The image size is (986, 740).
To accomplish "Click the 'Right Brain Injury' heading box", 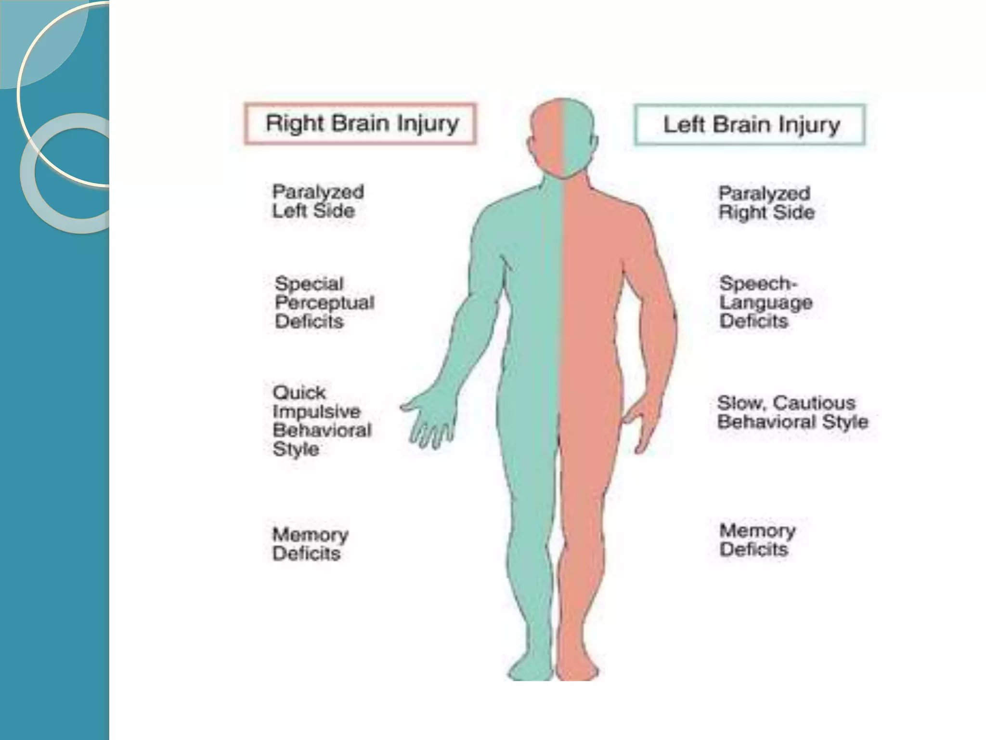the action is (361, 123).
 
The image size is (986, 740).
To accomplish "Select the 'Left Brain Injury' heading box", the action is (750, 125).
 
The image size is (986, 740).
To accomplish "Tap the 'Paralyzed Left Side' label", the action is (318, 201).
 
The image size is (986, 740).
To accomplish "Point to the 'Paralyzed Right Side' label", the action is (766, 203).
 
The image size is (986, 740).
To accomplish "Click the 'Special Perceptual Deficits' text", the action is (324, 303).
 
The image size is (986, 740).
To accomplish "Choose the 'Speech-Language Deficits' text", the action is (765, 302).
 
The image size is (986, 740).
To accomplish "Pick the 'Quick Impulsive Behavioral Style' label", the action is (322, 421).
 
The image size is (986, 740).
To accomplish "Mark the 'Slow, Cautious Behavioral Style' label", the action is (792, 412).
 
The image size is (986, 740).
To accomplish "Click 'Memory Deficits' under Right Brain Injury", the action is (310, 544).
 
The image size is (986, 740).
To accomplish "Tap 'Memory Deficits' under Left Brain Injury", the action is (757, 540).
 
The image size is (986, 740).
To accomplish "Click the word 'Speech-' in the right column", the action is (758, 283).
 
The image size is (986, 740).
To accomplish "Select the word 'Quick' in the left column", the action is (299, 393).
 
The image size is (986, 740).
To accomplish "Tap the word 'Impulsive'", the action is (316, 411).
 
